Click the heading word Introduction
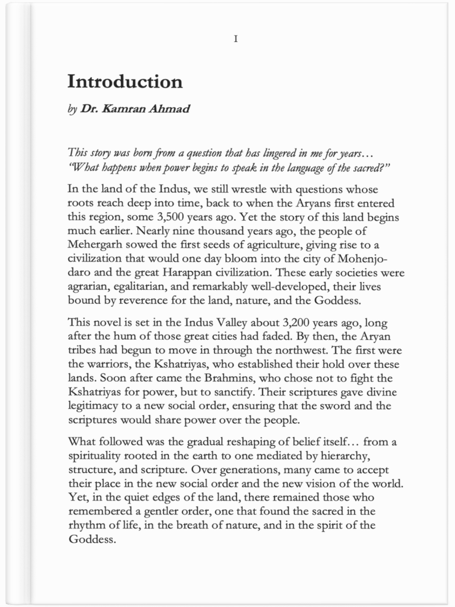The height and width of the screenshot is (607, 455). coord(125,81)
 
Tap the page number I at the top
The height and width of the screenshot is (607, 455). coord(235,39)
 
